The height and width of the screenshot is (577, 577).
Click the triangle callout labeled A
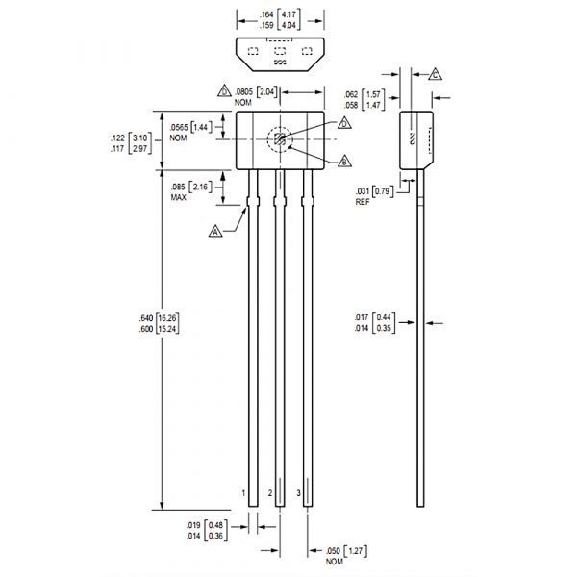[215, 232]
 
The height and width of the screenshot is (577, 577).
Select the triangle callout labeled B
[344, 162]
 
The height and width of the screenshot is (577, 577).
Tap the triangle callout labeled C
[435, 75]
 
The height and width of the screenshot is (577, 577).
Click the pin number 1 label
[243, 493]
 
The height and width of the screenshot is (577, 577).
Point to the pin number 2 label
[270, 493]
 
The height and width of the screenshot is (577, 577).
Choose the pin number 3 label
[298, 493]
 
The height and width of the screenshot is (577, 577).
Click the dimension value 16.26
[167, 318]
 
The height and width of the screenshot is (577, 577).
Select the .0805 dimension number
[243, 92]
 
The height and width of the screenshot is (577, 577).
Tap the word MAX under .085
[179, 197]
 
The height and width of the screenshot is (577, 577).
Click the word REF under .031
[363, 202]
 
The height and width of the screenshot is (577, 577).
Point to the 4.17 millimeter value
[288, 14]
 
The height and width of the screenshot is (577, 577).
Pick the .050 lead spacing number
[333, 551]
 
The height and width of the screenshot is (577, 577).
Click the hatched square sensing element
[280, 139]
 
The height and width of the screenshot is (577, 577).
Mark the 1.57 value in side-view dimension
[373, 94]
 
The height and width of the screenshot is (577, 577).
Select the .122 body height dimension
[117, 138]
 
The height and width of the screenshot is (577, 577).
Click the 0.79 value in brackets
[383, 191]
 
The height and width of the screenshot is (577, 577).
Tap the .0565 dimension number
[179, 128]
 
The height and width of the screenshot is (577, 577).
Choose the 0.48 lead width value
[215, 525]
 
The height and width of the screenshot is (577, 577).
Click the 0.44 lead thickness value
[384, 317]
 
